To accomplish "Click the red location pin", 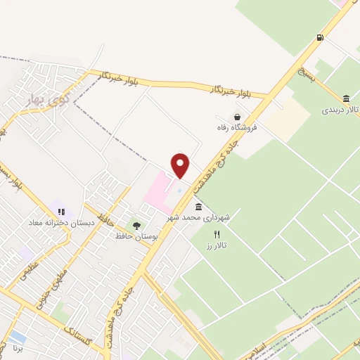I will coord(181,165).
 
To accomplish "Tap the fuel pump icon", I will coord(321,37).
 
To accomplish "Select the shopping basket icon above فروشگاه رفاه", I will coord(239,117).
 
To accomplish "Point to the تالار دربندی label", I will coord(341,110).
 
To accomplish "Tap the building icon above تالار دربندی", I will coord(347,98).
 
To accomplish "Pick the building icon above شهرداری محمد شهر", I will coord(198,207).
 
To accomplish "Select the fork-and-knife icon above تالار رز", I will coord(217,234).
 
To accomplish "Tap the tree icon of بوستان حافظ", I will coord(136,225).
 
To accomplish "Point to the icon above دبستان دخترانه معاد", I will coord(61,211).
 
